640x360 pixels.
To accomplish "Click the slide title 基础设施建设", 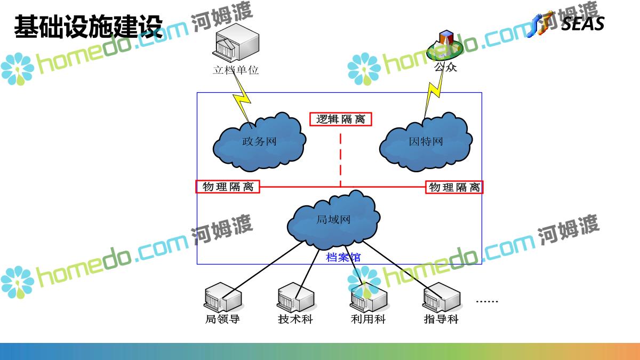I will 88,27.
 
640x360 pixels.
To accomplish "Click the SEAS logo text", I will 582,24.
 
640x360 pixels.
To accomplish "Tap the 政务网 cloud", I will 260,141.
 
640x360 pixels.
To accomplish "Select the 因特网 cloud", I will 426,142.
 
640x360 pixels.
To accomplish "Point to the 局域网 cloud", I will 333,219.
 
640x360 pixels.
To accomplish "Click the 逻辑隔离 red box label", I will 341,119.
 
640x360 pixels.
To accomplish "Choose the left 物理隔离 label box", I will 228,187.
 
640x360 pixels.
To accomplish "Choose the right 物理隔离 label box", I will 454,187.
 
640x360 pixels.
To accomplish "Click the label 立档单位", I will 236,70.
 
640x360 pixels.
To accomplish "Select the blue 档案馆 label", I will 343,258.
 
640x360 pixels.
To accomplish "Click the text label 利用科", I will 368,319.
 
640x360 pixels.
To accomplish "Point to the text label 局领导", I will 222,319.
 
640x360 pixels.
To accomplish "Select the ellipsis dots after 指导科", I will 486,302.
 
